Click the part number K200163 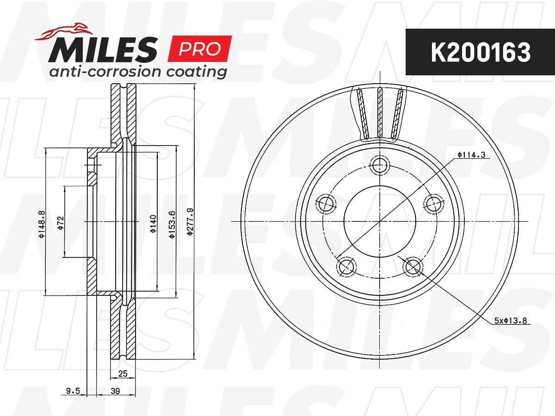[x=481, y=52]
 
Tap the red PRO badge [x=200, y=49]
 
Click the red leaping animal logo [x=64, y=31]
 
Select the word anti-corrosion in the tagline [x=105, y=72]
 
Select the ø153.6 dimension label [x=172, y=225]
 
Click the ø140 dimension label [x=153, y=224]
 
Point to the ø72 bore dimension [x=61, y=223]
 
